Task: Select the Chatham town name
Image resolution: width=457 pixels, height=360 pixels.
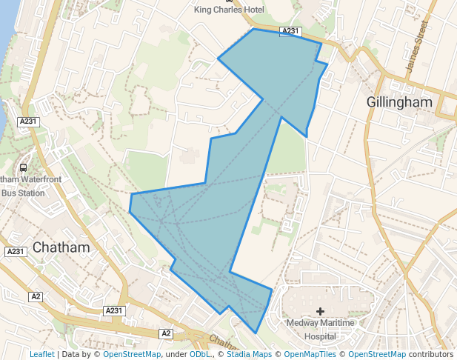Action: coord(61,247)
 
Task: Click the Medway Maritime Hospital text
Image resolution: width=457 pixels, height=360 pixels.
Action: coord(320,329)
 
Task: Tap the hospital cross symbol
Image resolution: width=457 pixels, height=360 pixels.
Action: coord(320,311)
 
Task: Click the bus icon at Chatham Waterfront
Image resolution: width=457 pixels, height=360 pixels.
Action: coord(23,168)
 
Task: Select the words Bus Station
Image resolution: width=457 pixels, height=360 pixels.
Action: coord(23,193)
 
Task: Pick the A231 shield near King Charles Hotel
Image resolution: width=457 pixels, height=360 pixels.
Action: coord(290,31)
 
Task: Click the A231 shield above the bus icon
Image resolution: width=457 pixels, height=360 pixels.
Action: coord(29,121)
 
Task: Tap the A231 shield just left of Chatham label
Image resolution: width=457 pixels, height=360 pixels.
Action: coord(16,252)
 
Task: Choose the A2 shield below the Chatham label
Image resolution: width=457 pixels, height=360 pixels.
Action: coord(36,296)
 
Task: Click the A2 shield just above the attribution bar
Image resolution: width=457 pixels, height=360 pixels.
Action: coord(166,333)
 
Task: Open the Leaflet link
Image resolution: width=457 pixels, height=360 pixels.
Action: coord(42,354)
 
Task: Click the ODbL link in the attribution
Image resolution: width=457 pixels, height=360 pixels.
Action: coord(200,354)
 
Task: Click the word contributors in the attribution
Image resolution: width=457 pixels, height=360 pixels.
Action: coord(430,354)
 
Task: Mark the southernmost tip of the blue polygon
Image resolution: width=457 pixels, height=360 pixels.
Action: coord(256,333)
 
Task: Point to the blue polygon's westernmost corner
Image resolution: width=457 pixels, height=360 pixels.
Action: coord(130,212)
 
